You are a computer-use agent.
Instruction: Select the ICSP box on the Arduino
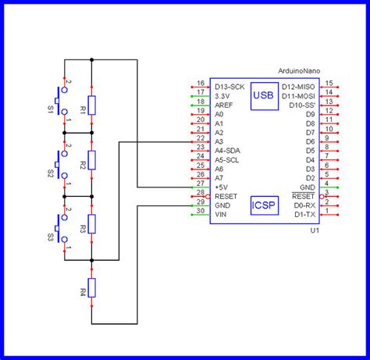263,205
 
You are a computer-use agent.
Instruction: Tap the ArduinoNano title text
298,71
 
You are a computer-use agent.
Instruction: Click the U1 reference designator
314,231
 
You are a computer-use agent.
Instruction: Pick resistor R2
92,161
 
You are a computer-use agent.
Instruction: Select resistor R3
92,224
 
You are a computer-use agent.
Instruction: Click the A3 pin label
219,141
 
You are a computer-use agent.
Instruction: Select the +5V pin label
222,187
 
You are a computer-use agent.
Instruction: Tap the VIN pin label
221,214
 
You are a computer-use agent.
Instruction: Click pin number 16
200,82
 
